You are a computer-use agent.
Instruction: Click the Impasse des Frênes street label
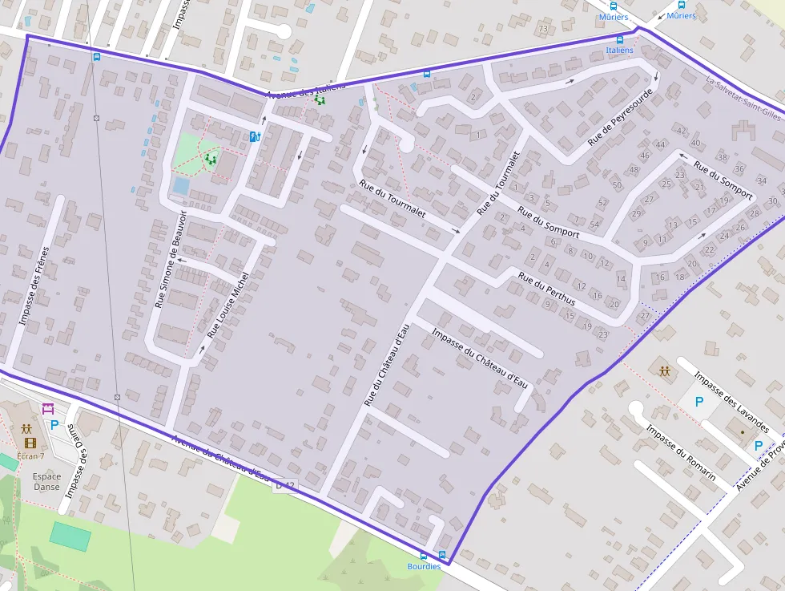pyautogui.click(x=34, y=285)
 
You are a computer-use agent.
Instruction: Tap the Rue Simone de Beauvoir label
pyautogui.click(x=170, y=260)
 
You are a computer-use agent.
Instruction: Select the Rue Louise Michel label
pyautogui.click(x=228, y=305)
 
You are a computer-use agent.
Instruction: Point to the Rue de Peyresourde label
pyautogui.click(x=620, y=117)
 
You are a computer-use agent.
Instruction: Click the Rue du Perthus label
pyautogui.click(x=546, y=289)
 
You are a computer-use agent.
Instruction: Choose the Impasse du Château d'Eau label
pyautogui.click(x=480, y=358)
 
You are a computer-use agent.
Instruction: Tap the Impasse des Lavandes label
pyautogui.click(x=731, y=401)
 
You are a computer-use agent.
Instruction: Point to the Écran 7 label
pyautogui.click(x=30, y=455)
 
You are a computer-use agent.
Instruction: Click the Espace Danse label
pyautogui.click(x=46, y=481)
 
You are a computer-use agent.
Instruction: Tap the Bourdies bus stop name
pyautogui.click(x=424, y=566)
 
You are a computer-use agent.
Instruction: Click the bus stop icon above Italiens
pyautogui.click(x=619, y=39)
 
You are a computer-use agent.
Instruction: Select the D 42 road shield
pyautogui.click(x=284, y=485)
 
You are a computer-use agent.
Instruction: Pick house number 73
pyautogui.click(x=543, y=30)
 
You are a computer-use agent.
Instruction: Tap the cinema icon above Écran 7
pyautogui.click(x=30, y=443)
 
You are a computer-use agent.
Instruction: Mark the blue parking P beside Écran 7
pyautogui.click(x=54, y=425)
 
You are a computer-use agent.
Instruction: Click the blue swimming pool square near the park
pyautogui.click(x=181, y=186)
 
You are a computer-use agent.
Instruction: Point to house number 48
pyautogui.click(x=634, y=169)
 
